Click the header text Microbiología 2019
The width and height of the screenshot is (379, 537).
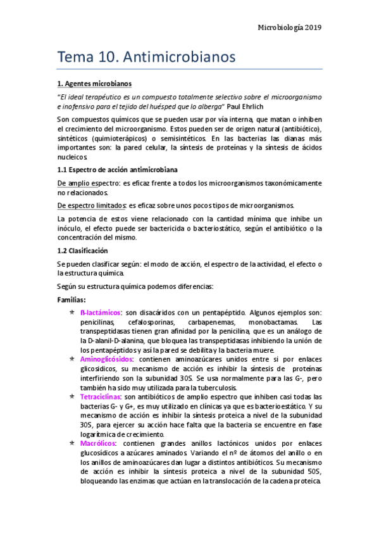tap(290, 27)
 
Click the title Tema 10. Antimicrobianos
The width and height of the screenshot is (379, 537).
tap(147, 56)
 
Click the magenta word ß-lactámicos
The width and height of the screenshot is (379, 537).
tap(101, 313)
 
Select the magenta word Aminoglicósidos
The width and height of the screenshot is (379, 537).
tap(107, 358)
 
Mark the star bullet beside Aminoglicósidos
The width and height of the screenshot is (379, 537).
tap(73, 358)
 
